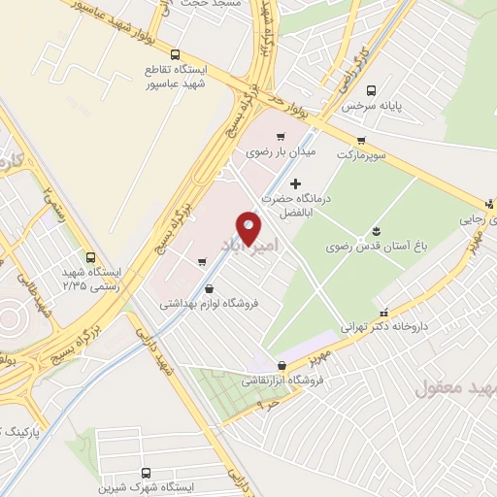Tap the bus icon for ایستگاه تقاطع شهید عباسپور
point(175,54)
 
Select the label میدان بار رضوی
point(273,152)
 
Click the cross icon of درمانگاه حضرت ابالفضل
point(297,182)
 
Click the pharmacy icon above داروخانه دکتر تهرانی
point(386,314)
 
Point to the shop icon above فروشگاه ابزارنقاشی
point(282,366)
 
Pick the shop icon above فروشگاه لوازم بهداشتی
point(211,288)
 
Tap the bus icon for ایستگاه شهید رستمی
point(90,258)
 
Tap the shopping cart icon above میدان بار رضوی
point(281,136)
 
